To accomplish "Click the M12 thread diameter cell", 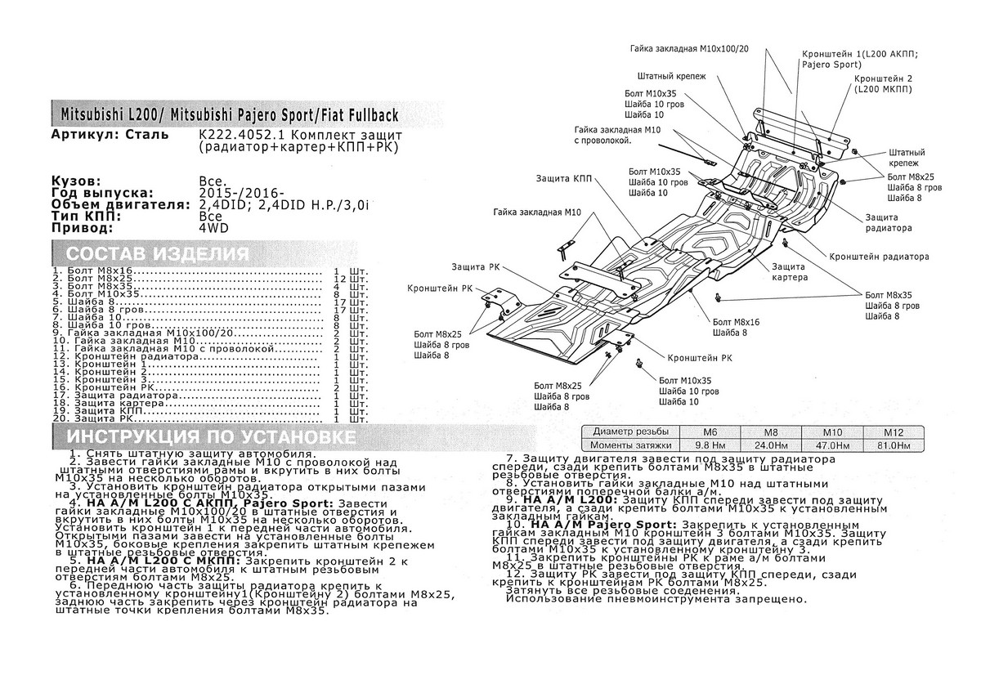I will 893,431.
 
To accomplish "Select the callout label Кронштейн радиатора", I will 880,256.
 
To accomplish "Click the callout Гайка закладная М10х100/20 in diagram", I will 688,49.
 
